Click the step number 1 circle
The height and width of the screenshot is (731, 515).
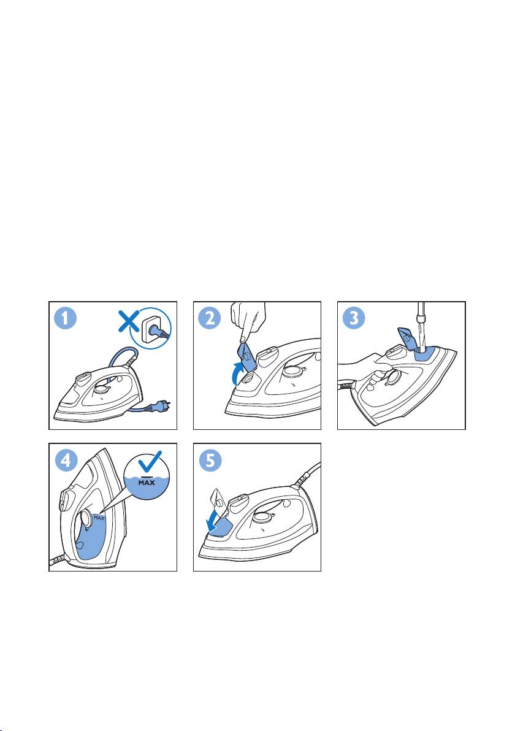coord(66,319)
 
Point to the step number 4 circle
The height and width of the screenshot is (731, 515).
coord(66,461)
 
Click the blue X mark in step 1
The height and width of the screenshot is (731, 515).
coord(129,322)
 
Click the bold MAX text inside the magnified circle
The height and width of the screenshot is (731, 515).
coord(147,483)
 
